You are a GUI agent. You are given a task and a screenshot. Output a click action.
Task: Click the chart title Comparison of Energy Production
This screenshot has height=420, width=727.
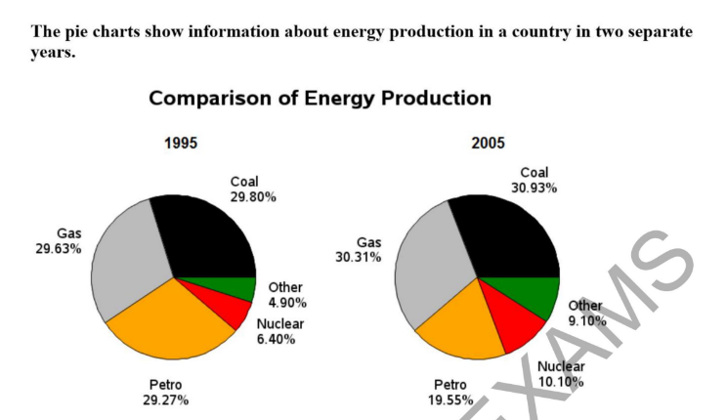pyautogui.click(x=320, y=99)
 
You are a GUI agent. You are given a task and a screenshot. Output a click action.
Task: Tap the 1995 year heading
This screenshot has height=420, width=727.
pyautogui.click(x=181, y=143)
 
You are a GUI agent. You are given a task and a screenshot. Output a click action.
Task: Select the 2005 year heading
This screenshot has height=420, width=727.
pyautogui.click(x=488, y=143)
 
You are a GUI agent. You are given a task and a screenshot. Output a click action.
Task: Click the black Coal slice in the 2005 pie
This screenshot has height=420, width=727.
pyautogui.click(x=510, y=236)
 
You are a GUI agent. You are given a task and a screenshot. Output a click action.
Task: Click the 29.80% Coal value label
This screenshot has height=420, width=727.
pyautogui.click(x=253, y=197)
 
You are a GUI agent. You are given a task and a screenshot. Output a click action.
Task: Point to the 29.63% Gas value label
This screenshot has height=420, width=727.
pyautogui.click(x=59, y=249)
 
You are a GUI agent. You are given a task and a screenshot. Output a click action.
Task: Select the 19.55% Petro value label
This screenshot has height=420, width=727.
pyautogui.click(x=450, y=400)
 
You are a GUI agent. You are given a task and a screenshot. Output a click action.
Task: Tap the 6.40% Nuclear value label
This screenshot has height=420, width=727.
pyautogui.click(x=276, y=339)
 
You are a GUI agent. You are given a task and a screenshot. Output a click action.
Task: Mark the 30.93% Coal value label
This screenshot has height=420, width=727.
pyautogui.click(x=535, y=188)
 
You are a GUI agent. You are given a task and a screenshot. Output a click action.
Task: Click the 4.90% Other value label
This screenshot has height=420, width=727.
pyautogui.click(x=287, y=303)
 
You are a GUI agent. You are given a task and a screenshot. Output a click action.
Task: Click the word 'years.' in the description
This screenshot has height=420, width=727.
pyautogui.click(x=53, y=53)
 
